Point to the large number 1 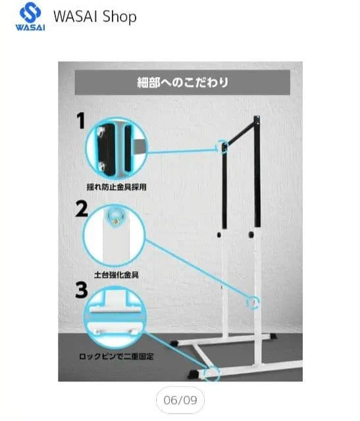(x=82, y=122)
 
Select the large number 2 (x=82, y=210)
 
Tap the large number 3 (x=82, y=291)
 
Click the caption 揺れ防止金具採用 (x=116, y=187)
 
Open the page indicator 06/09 (x=180, y=399)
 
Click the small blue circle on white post (x=251, y=302)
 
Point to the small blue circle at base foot (x=211, y=373)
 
